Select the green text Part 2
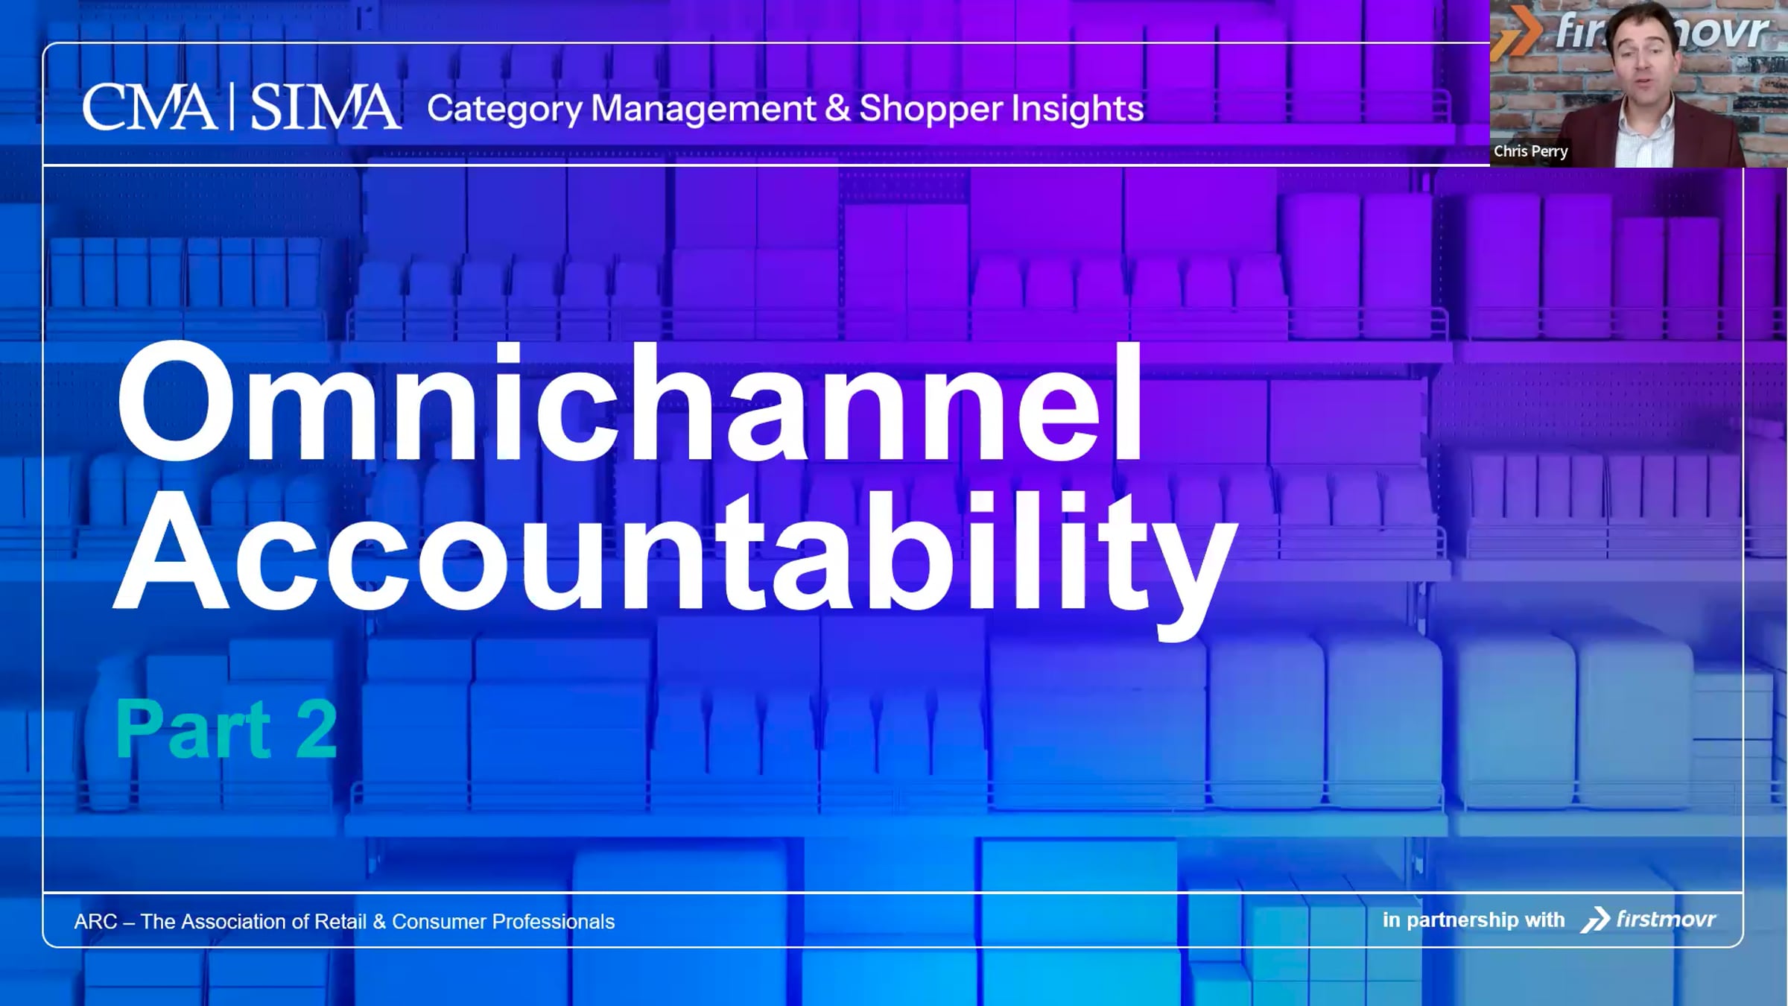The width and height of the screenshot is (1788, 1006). (x=226, y=730)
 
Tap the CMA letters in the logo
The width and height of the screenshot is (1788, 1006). (x=149, y=108)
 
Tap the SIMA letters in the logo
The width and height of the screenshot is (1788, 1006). (x=325, y=108)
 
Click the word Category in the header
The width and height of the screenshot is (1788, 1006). (x=504, y=110)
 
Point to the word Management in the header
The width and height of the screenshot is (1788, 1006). (x=703, y=109)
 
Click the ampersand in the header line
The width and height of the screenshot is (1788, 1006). (x=837, y=109)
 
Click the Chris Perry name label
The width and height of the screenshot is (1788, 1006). (x=1530, y=151)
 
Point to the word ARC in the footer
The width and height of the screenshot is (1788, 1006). (x=95, y=922)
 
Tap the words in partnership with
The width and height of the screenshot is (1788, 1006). (x=1473, y=920)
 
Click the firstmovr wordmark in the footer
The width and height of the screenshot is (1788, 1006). (x=1666, y=920)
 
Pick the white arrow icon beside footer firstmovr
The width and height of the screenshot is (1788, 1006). (x=1595, y=920)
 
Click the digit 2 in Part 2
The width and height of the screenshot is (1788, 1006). (x=317, y=730)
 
